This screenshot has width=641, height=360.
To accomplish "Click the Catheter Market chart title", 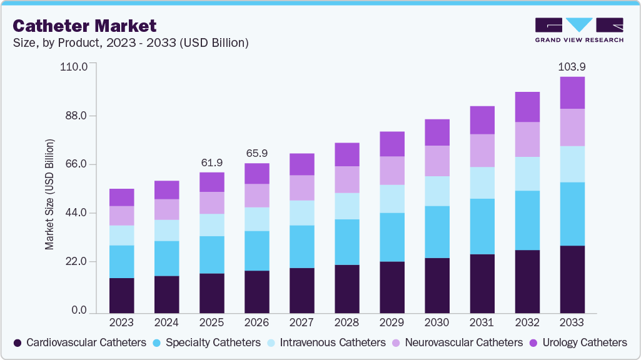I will click(84, 26).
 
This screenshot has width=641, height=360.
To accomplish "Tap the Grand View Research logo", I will click(579, 30).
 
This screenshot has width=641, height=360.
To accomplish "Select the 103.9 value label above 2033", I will click(572, 66).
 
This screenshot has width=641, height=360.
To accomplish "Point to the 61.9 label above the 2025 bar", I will click(212, 162).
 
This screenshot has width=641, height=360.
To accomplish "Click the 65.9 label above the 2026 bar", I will click(257, 153).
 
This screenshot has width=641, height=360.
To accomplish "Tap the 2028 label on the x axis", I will click(347, 322).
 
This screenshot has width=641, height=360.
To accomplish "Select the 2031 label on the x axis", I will click(482, 322).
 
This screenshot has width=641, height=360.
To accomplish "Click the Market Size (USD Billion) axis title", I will click(49, 194).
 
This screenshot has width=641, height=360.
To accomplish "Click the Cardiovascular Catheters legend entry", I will click(80, 342).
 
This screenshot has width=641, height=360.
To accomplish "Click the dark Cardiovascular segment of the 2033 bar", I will click(572, 279).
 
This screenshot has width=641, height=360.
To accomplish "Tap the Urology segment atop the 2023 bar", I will click(122, 197).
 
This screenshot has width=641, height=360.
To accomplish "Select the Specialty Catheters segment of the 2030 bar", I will click(437, 232).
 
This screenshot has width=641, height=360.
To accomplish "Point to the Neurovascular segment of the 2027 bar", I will click(302, 188).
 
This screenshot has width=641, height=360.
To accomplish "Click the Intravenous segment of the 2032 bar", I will click(527, 174).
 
